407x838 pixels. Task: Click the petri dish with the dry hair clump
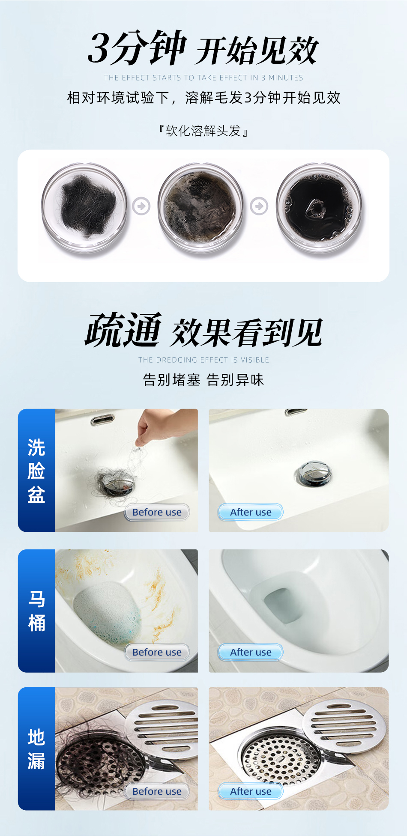click(x=84, y=208)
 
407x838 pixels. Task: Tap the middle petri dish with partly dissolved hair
click(x=201, y=208)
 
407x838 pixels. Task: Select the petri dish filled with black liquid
click(x=319, y=208)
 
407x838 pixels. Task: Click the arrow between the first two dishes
click(x=141, y=206)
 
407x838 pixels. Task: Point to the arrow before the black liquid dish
click(x=259, y=206)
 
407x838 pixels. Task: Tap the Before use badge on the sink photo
click(x=157, y=512)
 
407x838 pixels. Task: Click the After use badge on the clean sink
click(x=251, y=512)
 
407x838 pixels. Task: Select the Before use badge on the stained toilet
click(x=157, y=652)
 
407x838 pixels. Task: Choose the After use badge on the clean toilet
click(x=251, y=652)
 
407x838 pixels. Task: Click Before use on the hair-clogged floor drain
click(x=157, y=791)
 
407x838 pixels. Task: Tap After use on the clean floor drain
click(x=251, y=791)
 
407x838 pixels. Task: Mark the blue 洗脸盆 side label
click(x=36, y=470)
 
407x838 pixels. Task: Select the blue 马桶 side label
click(x=36, y=611)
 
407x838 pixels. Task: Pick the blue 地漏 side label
click(x=36, y=749)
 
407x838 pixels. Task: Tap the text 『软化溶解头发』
click(x=203, y=131)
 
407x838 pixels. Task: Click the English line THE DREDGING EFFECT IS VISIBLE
click(x=203, y=360)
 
